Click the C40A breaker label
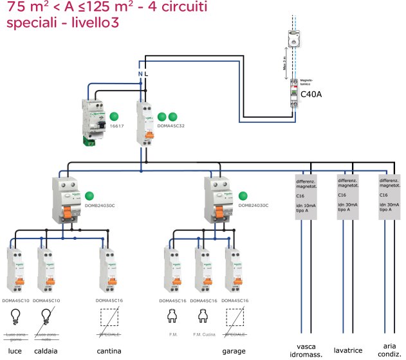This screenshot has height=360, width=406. click(311, 95)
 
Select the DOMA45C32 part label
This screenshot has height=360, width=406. click(170, 127)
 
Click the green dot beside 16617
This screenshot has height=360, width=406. click(115, 116)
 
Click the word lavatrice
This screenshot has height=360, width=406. click(349, 350)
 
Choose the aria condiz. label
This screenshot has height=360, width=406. click(389, 350)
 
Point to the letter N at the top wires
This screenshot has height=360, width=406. click(141, 75)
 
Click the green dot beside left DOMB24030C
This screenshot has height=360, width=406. click(90, 195)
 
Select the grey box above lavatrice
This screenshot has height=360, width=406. click(349, 196)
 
